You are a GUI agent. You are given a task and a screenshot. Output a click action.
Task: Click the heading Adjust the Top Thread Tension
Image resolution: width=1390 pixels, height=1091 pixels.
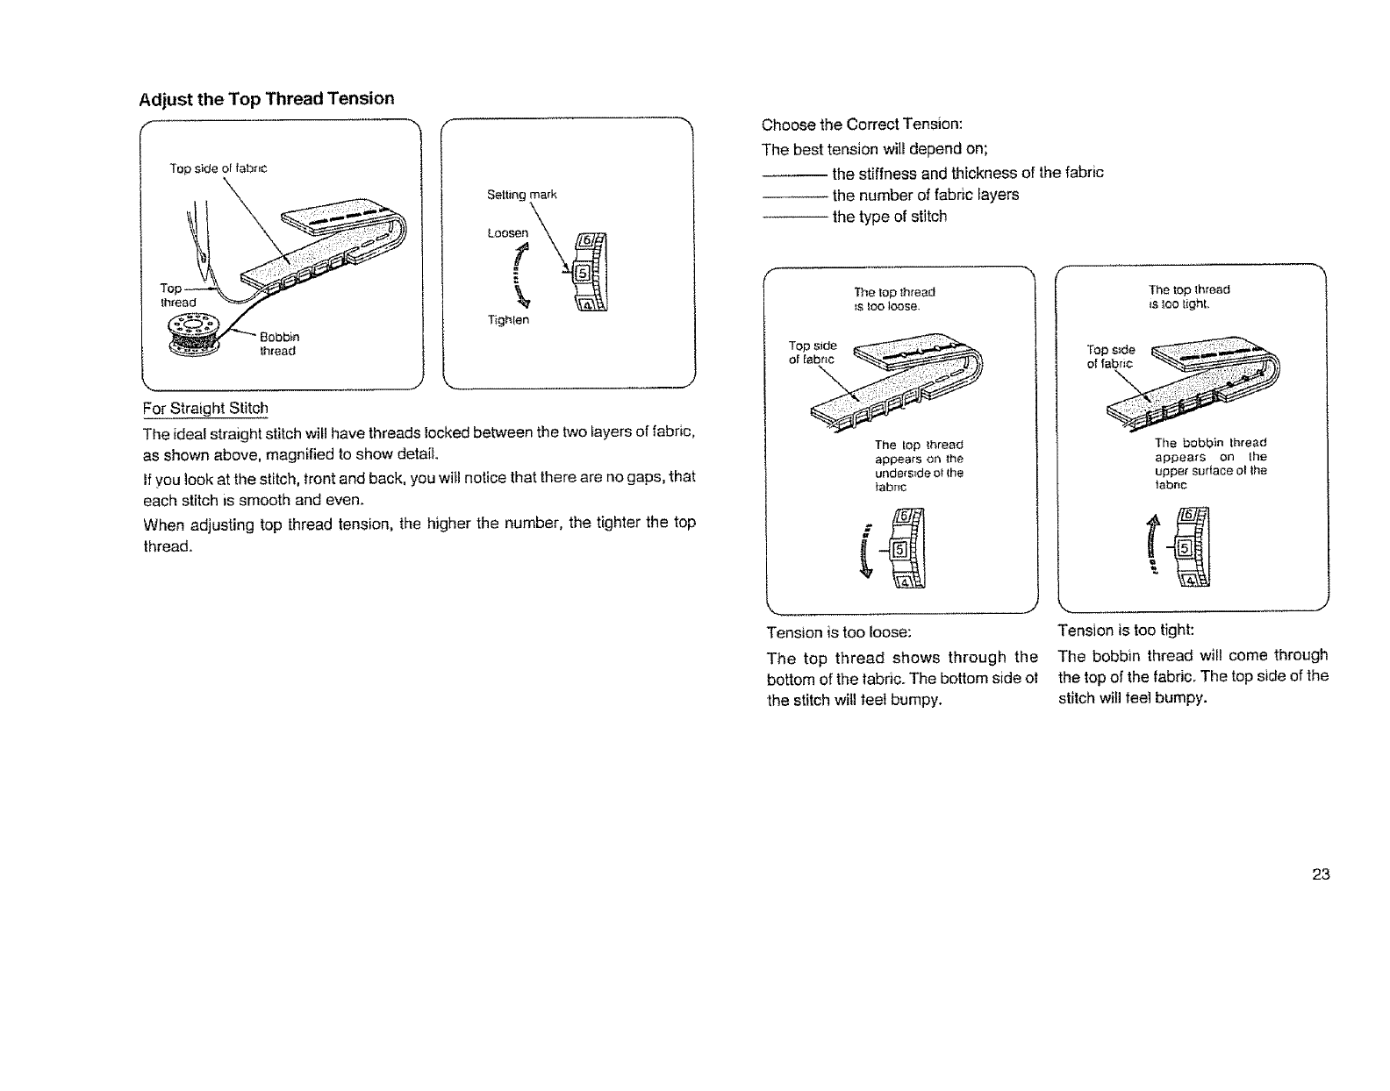coord(267,98)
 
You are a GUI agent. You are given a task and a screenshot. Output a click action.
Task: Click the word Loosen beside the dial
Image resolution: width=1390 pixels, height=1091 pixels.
coord(508,233)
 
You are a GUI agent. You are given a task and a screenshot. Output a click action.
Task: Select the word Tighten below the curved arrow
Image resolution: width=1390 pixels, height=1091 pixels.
coord(508,320)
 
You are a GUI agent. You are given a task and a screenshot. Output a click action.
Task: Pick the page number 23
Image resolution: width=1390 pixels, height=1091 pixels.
coord(1321,874)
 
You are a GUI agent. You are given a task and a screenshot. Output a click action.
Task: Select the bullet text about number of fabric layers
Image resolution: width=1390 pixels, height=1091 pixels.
coord(925,195)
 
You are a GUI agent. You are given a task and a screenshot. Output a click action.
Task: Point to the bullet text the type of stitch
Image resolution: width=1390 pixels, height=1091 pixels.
coord(889,217)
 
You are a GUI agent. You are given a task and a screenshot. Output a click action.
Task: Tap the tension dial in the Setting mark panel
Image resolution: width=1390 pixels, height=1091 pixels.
coord(589,275)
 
